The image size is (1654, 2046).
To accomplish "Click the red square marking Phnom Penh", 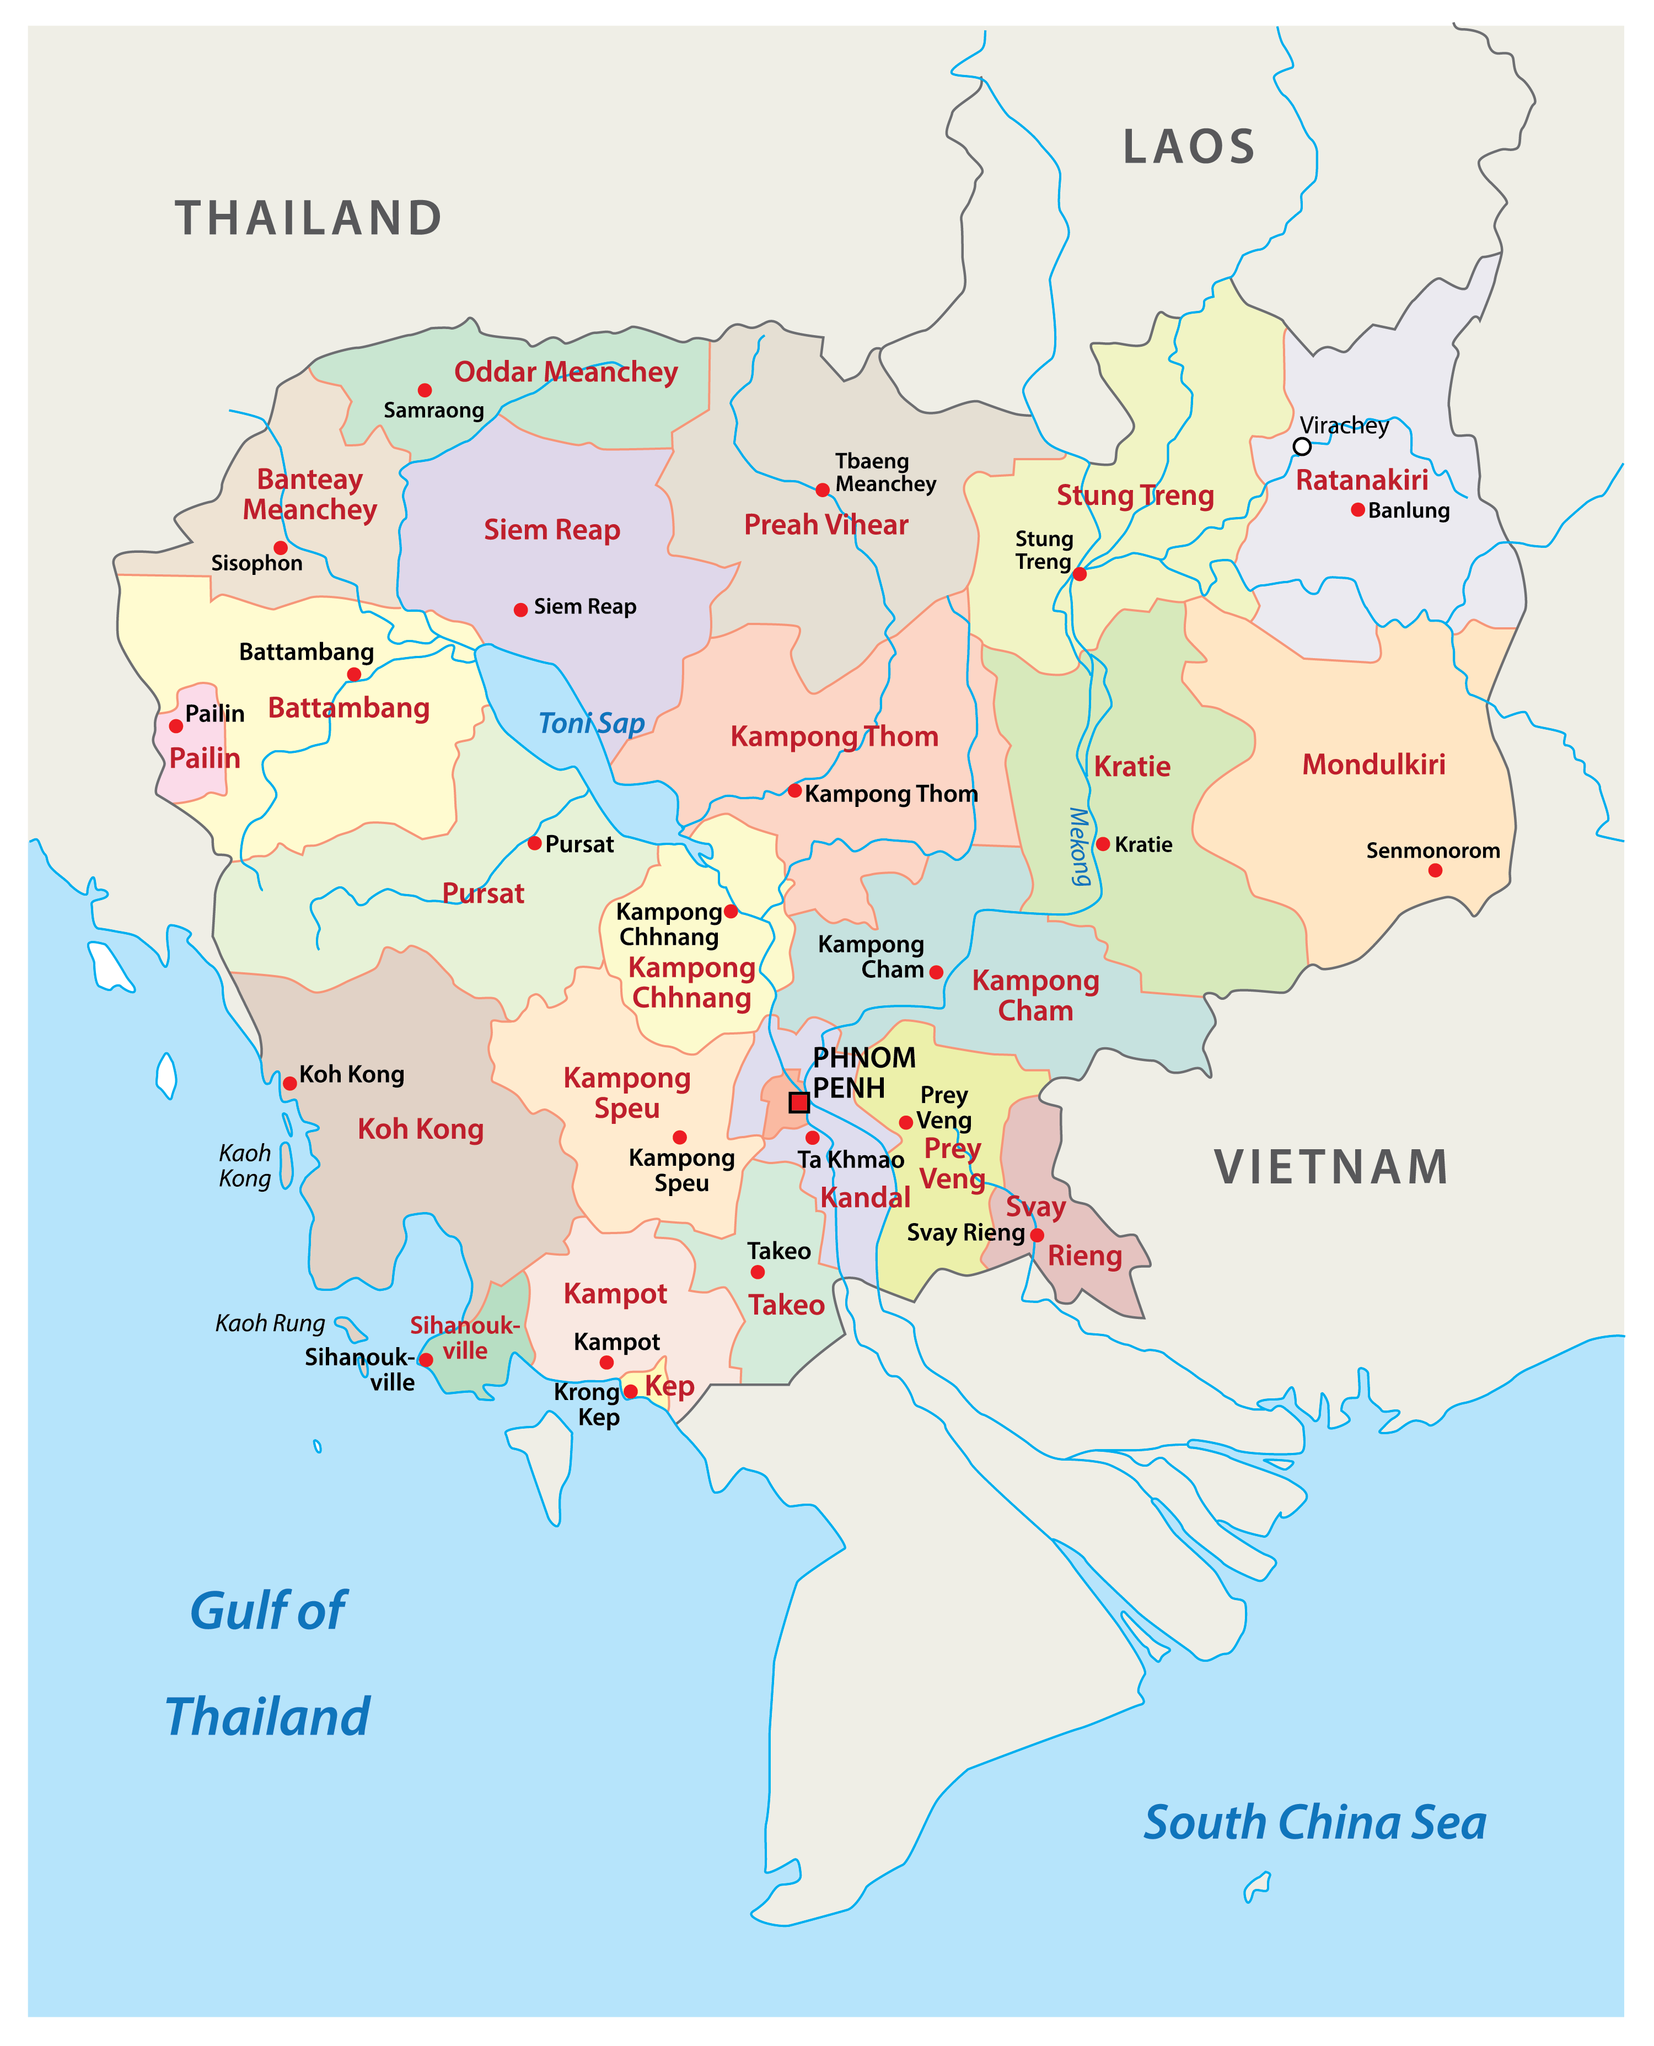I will tap(799, 1102).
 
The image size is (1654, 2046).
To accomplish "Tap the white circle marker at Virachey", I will tap(1302, 446).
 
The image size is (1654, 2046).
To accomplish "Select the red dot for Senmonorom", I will tap(1435, 870).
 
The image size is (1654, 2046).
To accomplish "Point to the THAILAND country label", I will tap(309, 218).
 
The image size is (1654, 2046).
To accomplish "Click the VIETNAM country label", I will tap(1331, 1168).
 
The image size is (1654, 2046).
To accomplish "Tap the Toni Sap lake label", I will tap(592, 723).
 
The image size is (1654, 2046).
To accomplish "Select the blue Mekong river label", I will tap(1078, 847).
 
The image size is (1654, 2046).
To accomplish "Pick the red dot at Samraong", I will tap(425, 391).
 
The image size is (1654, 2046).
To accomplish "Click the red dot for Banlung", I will tap(1358, 510).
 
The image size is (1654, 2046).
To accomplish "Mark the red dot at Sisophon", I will tap(280, 548).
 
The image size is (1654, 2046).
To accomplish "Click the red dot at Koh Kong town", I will tap(289, 1083).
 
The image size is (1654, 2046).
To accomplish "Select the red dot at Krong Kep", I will tap(630, 1392).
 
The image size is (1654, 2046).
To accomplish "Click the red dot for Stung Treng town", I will tap(1080, 573).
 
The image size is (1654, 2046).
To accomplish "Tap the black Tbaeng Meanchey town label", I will tap(885, 472).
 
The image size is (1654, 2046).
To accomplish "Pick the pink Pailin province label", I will tap(205, 758).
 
